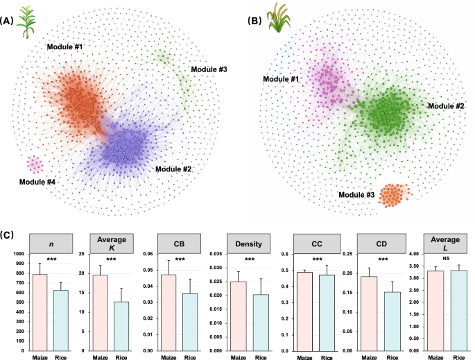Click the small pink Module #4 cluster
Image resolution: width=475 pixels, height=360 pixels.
click(x=35, y=165)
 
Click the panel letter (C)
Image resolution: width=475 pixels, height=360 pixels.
click(x=9, y=224)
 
